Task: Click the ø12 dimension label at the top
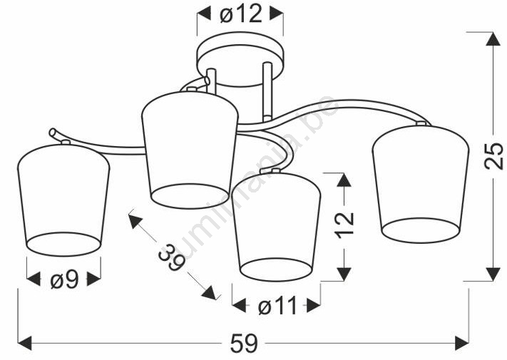coord(240,14)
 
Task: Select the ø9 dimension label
coord(65,279)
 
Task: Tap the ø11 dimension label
coord(277,306)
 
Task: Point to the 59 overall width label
coord(244,343)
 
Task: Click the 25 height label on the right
coord(493,156)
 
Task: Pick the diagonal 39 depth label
coord(172,257)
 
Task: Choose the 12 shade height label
coord(344,226)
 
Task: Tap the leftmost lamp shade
coord(63,200)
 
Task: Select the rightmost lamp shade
coord(420,183)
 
